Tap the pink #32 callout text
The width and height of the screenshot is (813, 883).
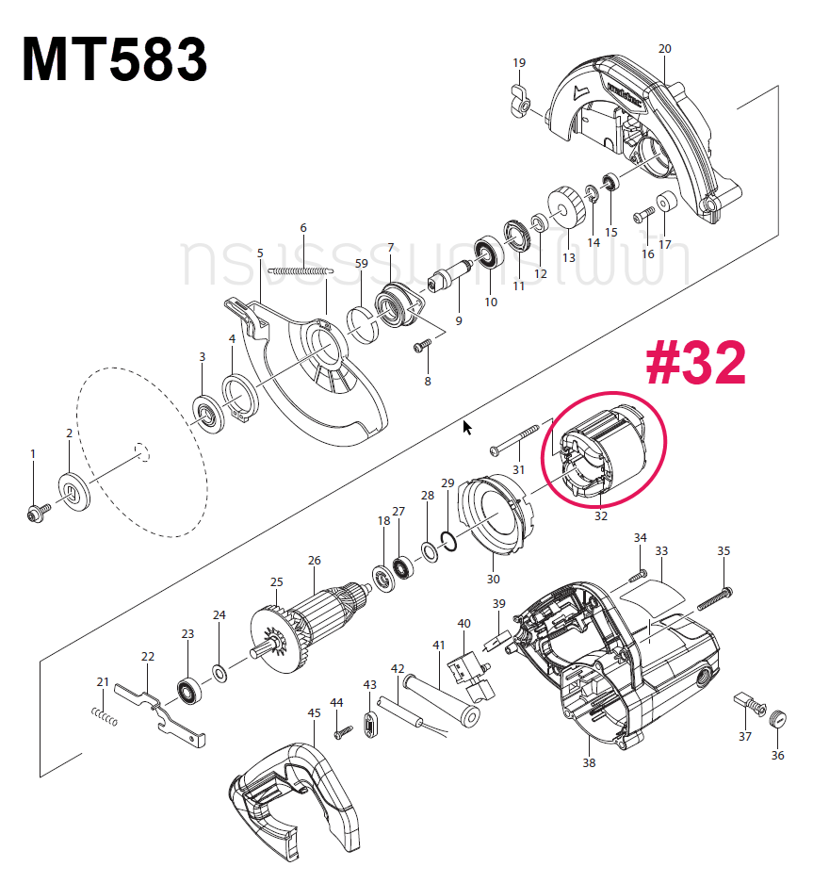[695, 364]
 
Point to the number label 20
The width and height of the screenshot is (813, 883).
[664, 48]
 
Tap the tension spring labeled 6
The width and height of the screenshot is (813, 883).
[301, 270]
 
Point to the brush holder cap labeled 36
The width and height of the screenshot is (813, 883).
[777, 718]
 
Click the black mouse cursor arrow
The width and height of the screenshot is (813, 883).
[467, 428]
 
